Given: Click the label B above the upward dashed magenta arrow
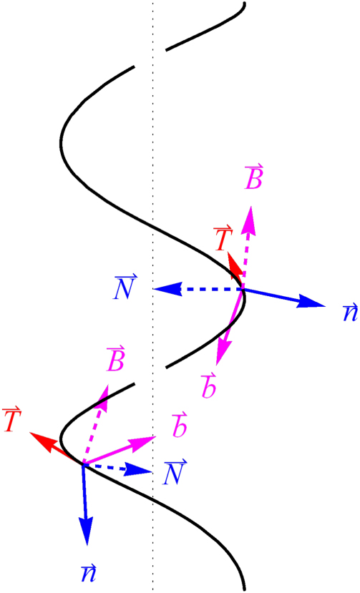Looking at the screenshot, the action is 253,178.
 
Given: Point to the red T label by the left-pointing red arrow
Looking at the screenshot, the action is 11,421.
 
